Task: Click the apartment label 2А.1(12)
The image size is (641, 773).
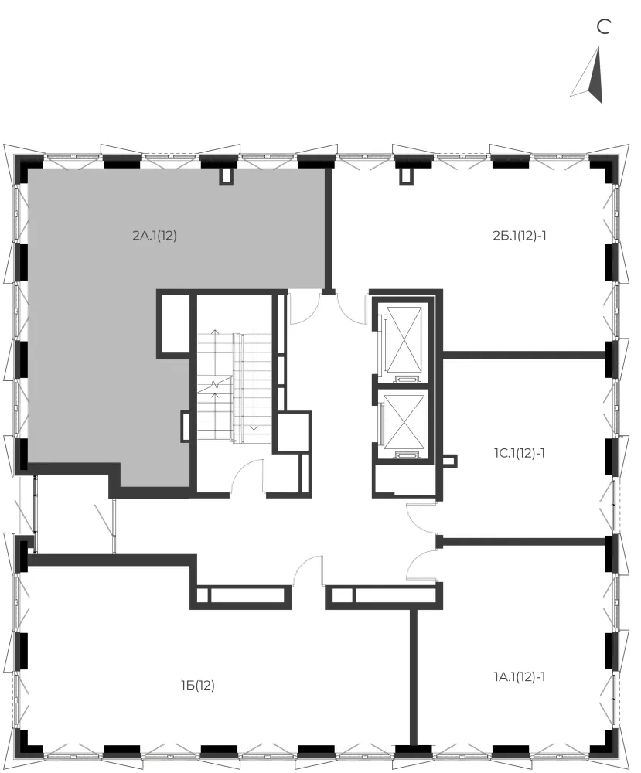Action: pyautogui.click(x=155, y=236)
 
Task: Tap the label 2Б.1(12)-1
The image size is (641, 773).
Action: pyautogui.click(x=519, y=236)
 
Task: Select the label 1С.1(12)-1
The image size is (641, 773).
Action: pyautogui.click(x=519, y=452)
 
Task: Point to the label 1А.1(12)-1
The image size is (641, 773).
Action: pyautogui.click(x=519, y=677)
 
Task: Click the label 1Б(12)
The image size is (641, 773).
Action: pyautogui.click(x=198, y=685)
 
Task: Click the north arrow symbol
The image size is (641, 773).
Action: pyautogui.click(x=590, y=75)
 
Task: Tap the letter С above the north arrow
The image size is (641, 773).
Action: pyautogui.click(x=604, y=26)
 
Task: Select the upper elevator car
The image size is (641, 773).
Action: pyautogui.click(x=404, y=339)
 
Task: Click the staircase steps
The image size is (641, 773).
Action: pyautogui.click(x=235, y=387)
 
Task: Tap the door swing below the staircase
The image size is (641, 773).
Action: pyautogui.click(x=247, y=475)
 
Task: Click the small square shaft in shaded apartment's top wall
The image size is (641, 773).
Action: pyautogui.click(x=226, y=175)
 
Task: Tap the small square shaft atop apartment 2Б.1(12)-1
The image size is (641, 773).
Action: pyautogui.click(x=406, y=175)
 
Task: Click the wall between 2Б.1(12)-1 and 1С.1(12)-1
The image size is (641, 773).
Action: pyautogui.click(x=523, y=354)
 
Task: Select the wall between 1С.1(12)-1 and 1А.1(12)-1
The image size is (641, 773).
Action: pyautogui.click(x=523, y=541)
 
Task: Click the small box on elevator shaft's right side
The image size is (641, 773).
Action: pyautogui.click(x=449, y=461)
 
